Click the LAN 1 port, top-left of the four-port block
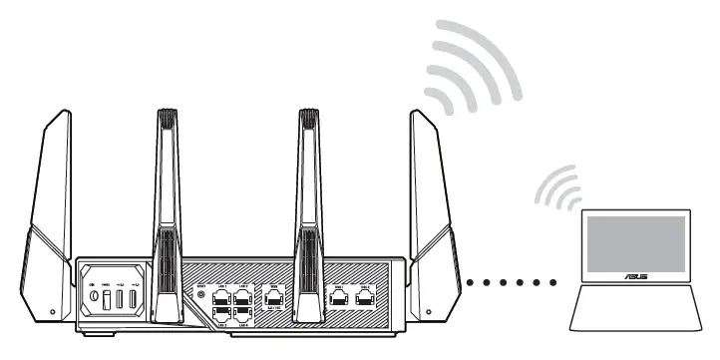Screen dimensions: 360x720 [221, 294]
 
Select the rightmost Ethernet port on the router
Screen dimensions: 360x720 [365, 295]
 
